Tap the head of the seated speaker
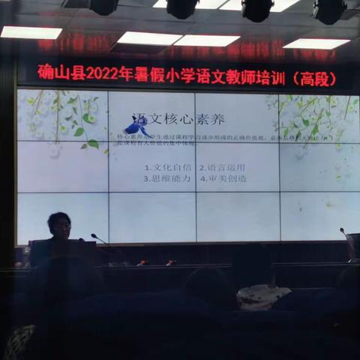tap(59, 224)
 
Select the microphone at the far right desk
tap(344, 233)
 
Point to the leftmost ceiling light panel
tap(31, 32)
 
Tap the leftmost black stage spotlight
tap(103, 7)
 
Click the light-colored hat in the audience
tap(263, 296)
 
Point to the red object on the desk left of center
tap(142, 262)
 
